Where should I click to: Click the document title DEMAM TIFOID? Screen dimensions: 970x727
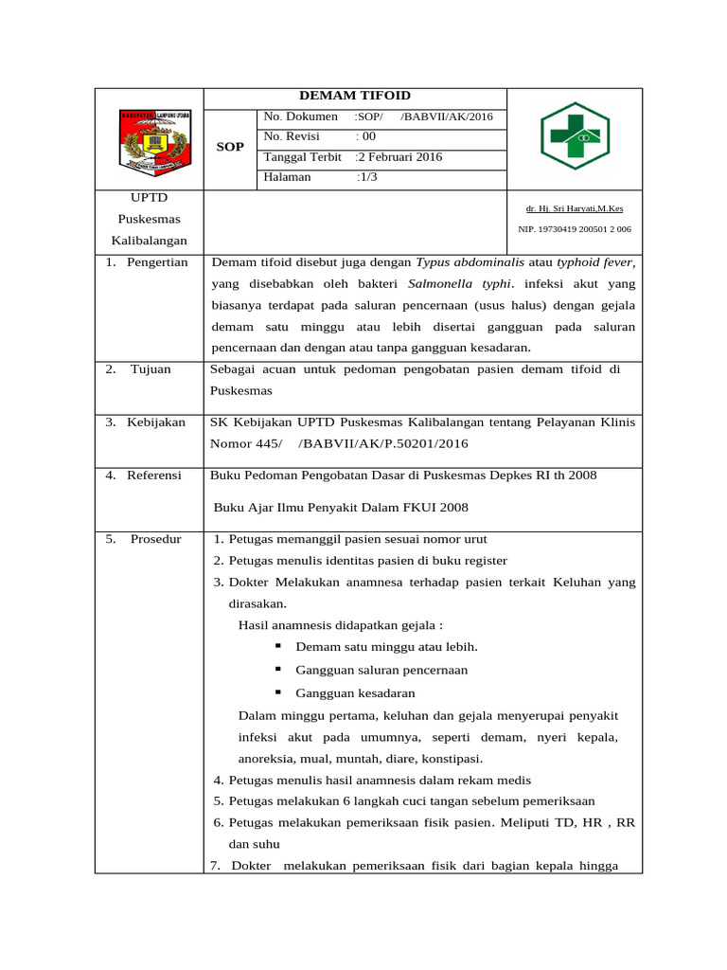pyautogui.click(x=355, y=96)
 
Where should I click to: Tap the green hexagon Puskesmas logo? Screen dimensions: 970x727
pyautogui.click(x=575, y=135)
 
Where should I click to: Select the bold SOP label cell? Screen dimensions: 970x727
pyautogui.click(x=230, y=147)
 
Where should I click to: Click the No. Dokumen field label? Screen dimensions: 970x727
pyautogui.click(x=300, y=117)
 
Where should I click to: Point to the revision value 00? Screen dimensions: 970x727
pyautogui.click(x=365, y=136)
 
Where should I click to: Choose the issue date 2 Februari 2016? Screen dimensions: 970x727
pyautogui.click(x=400, y=157)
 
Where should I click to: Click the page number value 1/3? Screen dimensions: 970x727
pyautogui.click(x=367, y=177)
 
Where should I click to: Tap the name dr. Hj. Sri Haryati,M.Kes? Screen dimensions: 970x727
pyautogui.click(x=575, y=208)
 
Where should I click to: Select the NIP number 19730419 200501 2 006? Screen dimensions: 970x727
pyautogui.click(x=575, y=229)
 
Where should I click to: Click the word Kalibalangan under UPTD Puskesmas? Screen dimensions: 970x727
pyautogui.click(x=149, y=241)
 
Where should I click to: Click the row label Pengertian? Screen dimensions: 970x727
pyautogui.click(x=157, y=262)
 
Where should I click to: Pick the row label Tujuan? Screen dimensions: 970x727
pyautogui.click(x=151, y=369)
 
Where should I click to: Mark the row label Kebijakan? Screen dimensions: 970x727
pyautogui.click(x=157, y=422)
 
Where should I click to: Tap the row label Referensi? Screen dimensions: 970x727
pyautogui.click(x=154, y=476)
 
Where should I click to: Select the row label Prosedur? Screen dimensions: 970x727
pyautogui.click(x=154, y=539)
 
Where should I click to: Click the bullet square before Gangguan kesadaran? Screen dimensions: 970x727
pyautogui.click(x=278, y=692)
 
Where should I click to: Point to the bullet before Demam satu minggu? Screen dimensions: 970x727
pyautogui.click(x=278, y=646)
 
